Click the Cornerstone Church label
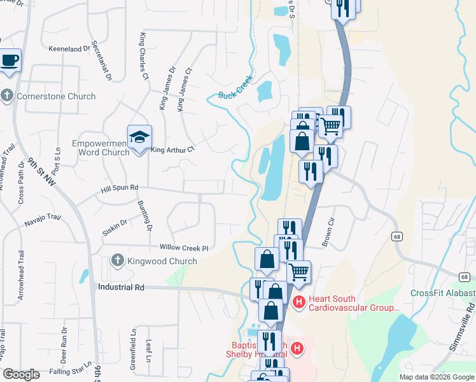click(x=56, y=97)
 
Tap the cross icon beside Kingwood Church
click(x=116, y=261)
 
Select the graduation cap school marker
click(x=138, y=136)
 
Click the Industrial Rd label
click(x=122, y=287)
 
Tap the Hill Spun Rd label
click(x=119, y=188)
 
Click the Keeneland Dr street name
click(x=69, y=48)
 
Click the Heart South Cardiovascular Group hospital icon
click(x=297, y=301)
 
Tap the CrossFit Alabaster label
click(x=443, y=293)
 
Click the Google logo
click(x=21, y=374)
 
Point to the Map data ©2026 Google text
click(x=437, y=377)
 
